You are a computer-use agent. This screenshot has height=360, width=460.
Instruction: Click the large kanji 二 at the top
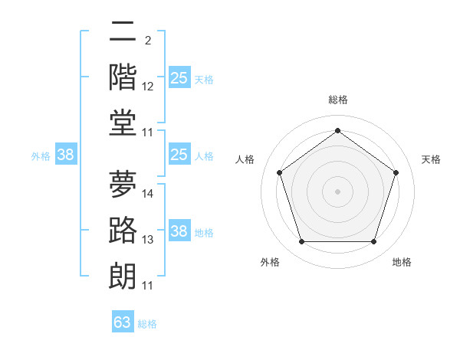point(123,31)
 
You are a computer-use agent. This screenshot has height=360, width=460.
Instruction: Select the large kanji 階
point(123,77)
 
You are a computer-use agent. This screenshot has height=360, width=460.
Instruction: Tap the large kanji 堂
point(123,123)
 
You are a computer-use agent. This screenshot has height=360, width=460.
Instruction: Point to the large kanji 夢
point(123,184)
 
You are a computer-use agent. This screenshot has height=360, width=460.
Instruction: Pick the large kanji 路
point(123,230)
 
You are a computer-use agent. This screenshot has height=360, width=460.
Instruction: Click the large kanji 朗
point(123,276)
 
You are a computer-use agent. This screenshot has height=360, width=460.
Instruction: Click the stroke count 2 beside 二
point(148,41)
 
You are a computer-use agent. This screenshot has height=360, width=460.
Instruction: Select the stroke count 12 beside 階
point(147,87)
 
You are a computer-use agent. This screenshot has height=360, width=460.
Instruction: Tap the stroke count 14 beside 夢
point(147,194)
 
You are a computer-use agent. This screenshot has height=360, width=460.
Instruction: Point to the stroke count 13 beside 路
point(147,240)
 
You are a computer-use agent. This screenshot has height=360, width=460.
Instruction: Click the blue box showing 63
point(123,321)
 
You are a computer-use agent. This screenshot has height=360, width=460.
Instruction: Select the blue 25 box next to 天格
point(179,77)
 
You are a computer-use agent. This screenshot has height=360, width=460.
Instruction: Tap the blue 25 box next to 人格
point(179,154)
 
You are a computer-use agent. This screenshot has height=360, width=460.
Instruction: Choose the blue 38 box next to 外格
point(66,154)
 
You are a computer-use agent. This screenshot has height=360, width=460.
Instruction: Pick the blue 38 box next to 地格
point(179,230)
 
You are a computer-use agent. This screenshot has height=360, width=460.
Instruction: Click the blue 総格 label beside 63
point(147,324)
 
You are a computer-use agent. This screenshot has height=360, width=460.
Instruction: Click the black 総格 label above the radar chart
point(338,100)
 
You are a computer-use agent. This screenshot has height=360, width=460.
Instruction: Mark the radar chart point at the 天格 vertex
point(396,172)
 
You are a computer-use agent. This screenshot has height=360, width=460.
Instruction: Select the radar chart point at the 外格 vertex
point(302,241)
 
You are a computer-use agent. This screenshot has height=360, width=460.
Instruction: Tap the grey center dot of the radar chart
point(337,191)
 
